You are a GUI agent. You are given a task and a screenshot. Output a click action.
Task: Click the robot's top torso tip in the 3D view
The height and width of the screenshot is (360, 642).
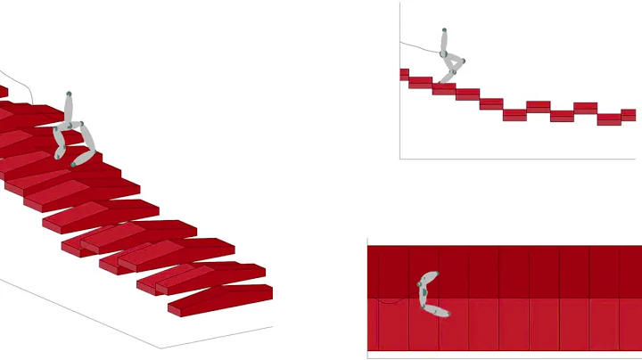tap(68, 94)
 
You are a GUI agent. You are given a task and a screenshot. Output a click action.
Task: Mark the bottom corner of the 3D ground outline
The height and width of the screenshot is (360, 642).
tap(161, 348)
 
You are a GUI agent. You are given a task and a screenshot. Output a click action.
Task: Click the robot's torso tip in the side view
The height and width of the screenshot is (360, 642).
tap(444, 31)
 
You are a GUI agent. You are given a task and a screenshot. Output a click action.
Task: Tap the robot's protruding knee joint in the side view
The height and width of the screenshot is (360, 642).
tap(463, 61)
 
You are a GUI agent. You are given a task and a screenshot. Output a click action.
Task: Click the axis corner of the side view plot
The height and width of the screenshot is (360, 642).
tap(400, 159)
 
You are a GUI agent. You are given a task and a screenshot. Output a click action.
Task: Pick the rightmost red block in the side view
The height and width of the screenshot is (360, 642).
tap(628, 115)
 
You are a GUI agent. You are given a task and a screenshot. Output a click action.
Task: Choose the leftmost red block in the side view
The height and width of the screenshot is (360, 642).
tap(404, 74)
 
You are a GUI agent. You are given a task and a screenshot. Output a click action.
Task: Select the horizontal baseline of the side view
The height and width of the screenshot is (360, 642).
tap(517, 159)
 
